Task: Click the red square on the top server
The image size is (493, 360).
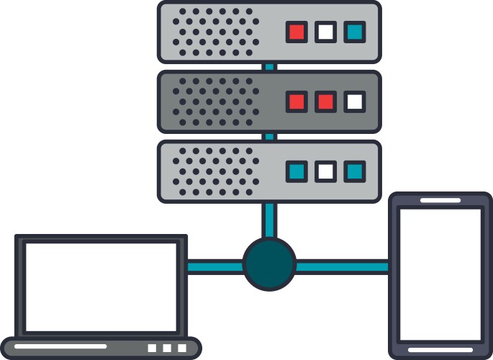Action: pos(297,32)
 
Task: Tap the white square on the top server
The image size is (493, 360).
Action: pos(325,32)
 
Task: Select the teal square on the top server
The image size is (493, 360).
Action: pos(354,32)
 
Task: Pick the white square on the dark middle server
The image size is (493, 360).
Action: pos(354,102)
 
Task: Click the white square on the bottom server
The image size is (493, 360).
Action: pos(325,171)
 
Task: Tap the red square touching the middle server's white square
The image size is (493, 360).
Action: pos(325,102)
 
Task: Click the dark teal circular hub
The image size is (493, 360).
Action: pos(269,264)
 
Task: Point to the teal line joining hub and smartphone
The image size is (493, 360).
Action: pos(343,266)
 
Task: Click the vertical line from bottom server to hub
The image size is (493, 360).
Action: pos(269,220)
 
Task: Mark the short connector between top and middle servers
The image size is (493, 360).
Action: pos(269,66)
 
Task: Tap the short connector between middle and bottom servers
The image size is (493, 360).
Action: pos(269,136)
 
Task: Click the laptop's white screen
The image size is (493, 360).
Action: pos(101,286)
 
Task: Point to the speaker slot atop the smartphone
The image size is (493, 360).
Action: pos(440,200)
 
